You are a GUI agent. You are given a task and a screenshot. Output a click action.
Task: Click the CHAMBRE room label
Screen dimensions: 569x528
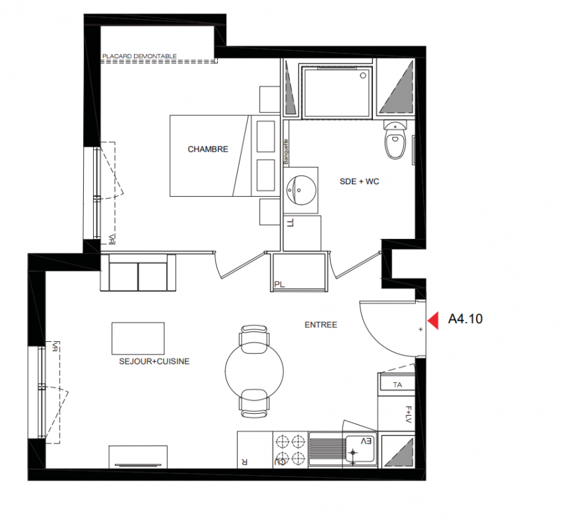click(x=208, y=149)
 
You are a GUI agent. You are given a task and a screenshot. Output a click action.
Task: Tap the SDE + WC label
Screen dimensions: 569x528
click(x=359, y=181)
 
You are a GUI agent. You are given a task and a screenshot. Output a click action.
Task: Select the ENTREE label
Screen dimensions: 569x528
click(x=321, y=325)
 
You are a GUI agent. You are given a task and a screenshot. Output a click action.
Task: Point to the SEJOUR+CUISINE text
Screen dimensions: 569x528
click(x=154, y=362)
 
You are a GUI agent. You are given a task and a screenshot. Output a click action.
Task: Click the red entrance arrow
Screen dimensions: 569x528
click(x=433, y=320)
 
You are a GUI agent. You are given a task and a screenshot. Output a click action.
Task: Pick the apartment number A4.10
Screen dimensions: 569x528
click(x=465, y=319)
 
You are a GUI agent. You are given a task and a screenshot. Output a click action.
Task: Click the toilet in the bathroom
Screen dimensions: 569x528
click(x=395, y=140)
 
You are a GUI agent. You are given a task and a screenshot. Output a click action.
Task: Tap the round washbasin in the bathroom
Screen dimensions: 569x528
click(x=301, y=190)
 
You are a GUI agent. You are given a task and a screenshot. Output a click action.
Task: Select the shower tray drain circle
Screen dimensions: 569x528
click(x=363, y=76)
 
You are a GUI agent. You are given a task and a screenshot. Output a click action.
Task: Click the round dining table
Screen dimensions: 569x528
click(x=254, y=371)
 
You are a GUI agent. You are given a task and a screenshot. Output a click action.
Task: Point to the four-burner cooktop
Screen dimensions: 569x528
click(x=290, y=450)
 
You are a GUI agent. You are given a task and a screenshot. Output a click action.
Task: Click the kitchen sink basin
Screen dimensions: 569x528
click(x=360, y=449)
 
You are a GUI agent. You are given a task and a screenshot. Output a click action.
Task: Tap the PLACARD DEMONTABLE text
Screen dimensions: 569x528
click(x=139, y=56)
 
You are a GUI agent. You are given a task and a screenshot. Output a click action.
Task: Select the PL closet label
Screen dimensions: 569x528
click(x=279, y=285)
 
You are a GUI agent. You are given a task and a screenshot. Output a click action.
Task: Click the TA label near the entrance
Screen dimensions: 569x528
click(x=397, y=385)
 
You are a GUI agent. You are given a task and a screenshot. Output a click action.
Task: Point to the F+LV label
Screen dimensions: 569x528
click(x=408, y=414)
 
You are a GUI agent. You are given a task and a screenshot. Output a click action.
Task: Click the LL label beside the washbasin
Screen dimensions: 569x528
click(x=290, y=223)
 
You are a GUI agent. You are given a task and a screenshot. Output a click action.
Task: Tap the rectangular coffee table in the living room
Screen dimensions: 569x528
click(x=138, y=339)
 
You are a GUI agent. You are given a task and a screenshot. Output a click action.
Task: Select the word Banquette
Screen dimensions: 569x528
click(x=286, y=152)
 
